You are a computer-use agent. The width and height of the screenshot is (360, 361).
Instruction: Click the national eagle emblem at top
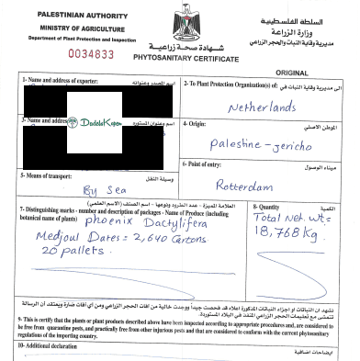[x=179, y=25]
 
